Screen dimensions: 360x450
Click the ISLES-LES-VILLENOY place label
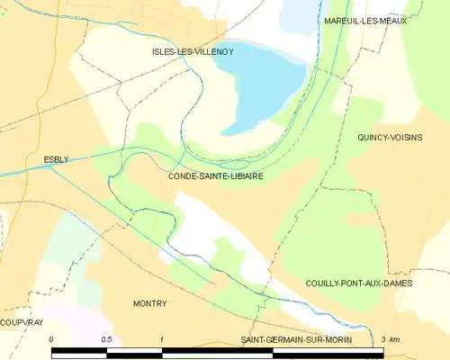click(x=193, y=52)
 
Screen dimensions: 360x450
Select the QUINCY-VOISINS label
click(x=390, y=137)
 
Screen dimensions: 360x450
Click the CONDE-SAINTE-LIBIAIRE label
click(x=215, y=176)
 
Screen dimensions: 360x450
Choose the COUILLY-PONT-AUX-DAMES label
click(x=358, y=283)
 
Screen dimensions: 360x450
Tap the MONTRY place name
click(x=149, y=303)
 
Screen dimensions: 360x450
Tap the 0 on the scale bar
click(x=52, y=338)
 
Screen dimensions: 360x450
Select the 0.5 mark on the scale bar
click(x=107, y=338)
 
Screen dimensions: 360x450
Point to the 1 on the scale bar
click(x=162, y=338)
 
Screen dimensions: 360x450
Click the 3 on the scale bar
click(x=383, y=338)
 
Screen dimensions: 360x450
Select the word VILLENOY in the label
click(x=214, y=52)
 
